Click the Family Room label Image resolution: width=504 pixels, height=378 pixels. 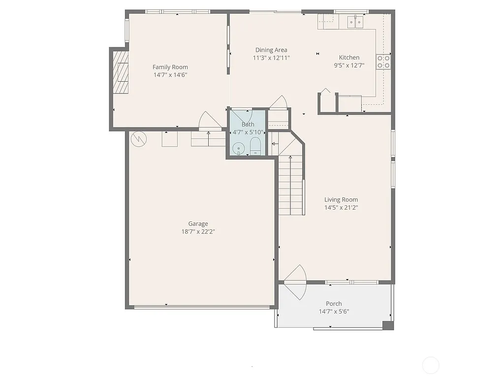coord(170,67)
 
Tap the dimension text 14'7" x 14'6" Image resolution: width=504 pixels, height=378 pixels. coord(170,75)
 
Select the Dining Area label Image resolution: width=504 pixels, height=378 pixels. coord(271,50)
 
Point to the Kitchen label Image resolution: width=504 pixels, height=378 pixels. coord(349,58)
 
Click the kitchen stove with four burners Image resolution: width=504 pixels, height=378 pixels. coord(383,62)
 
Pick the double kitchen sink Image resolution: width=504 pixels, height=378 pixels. coord(355,21)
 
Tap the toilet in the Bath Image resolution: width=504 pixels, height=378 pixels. coord(255,146)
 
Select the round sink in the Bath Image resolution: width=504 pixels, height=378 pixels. coord(238,148)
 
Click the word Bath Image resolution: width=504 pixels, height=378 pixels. coord(248,125)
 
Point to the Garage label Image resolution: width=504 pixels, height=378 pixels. coord(198,223)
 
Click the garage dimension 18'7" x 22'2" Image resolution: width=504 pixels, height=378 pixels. coord(198,231)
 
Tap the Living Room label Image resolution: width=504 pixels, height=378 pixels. coord(341,199)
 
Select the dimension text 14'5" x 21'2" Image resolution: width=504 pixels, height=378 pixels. coord(341,207)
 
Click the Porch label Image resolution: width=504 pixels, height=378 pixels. coord(333,303)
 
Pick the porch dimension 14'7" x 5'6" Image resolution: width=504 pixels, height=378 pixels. coord(333,311)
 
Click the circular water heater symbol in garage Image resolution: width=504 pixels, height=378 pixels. coord(138,139)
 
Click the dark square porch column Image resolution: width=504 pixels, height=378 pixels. coord(388,325)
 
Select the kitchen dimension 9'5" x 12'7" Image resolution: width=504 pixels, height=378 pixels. coord(349,65)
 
